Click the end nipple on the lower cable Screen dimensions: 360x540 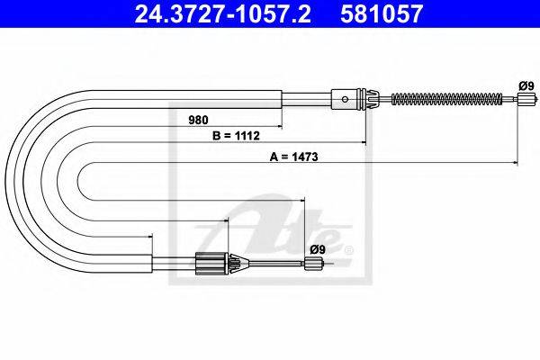point(312,264)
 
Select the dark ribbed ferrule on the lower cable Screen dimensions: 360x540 point(208,264)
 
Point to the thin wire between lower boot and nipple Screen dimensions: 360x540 point(274,264)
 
